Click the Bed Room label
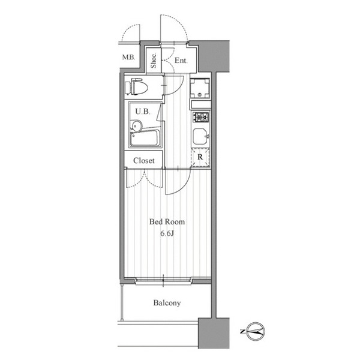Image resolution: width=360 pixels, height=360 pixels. point(167,222)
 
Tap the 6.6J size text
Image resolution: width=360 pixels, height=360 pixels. point(167,233)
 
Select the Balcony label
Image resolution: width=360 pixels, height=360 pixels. point(167,303)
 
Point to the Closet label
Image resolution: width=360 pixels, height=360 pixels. point(144,160)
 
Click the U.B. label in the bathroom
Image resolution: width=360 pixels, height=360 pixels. point(143,112)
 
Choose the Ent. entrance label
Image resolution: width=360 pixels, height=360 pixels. point(181,61)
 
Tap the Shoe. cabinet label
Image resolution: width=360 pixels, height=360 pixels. point(154,61)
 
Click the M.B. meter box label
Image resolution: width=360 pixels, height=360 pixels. point(128,57)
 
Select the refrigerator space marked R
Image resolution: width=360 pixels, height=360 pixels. point(200,157)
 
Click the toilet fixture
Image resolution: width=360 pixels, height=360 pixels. point(136,86)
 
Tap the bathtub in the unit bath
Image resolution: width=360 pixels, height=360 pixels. point(145,138)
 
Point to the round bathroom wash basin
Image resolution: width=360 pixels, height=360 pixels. point(137,125)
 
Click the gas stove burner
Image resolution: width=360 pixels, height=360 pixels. point(201,117)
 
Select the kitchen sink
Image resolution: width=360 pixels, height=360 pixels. point(200,136)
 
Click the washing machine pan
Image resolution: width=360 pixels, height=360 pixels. point(200,88)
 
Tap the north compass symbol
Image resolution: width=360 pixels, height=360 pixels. point(256,331)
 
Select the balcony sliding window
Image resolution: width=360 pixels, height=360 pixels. point(163,281)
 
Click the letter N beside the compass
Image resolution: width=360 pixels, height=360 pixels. point(242,331)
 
